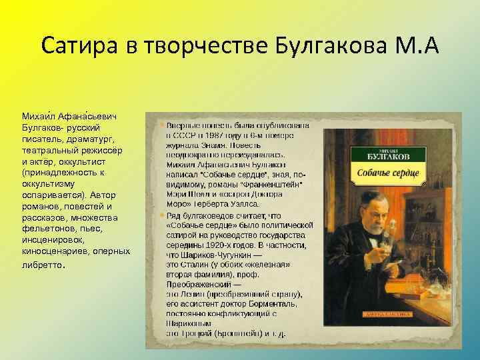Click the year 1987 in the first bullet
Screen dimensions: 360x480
pyautogui.click(x=207, y=134)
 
